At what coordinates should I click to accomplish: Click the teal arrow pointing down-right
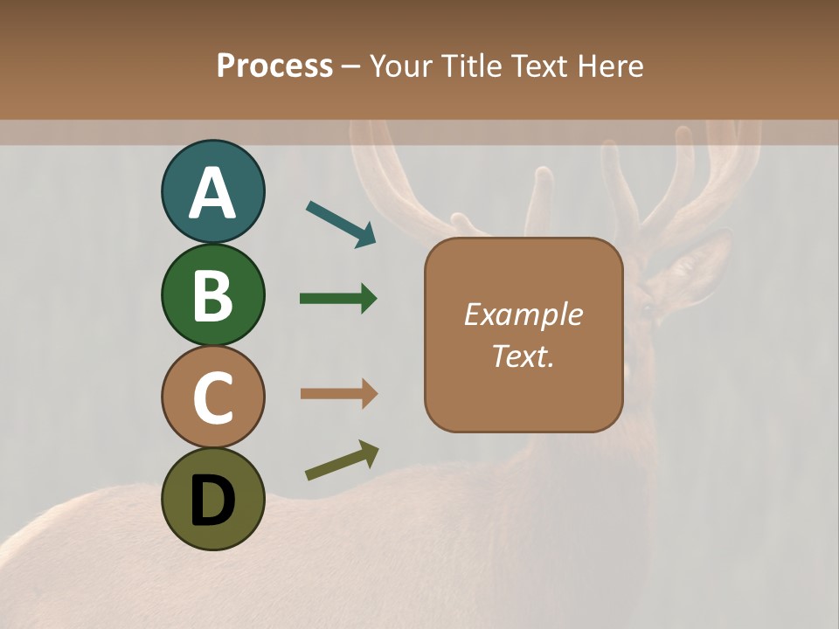click(341, 224)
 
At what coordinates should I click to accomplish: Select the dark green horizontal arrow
click(338, 299)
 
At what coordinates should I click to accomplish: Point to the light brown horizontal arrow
click(338, 394)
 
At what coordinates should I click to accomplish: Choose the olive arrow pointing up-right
click(342, 460)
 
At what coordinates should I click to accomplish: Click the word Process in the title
click(274, 66)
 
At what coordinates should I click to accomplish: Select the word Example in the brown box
click(523, 314)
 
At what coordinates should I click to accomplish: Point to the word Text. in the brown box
click(523, 356)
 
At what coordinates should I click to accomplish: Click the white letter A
click(212, 193)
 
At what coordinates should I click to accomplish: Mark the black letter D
click(212, 501)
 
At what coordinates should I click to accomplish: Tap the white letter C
click(212, 398)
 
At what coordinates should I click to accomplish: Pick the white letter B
click(212, 295)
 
